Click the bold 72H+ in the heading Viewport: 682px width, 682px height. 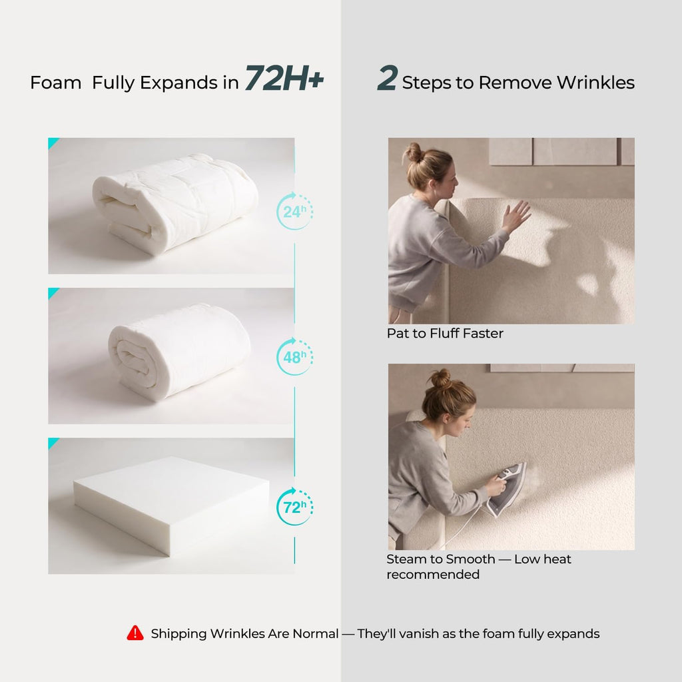[x=284, y=79]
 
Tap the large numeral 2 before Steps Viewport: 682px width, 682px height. [x=387, y=78]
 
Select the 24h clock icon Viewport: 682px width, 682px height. [x=294, y=211]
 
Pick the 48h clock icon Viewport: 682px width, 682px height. [x=294, y=357]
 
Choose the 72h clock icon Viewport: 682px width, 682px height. [x=294, y=507]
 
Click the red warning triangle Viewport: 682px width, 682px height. [x=135, y=633]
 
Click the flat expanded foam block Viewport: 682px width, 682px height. [x=171, y=505]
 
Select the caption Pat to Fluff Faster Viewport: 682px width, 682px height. [x=445, y=334]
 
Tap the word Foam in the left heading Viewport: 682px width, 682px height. [x=56, y=83]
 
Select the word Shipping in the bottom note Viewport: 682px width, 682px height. [x=178, y=634]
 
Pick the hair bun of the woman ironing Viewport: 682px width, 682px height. [x=441, y=378]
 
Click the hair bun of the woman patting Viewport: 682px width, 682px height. [x=414, y=153]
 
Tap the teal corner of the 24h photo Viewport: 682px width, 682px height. [x=52, y=142]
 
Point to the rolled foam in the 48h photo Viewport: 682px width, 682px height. [x=179, y=352]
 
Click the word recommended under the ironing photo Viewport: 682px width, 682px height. [x=433, y=575]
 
